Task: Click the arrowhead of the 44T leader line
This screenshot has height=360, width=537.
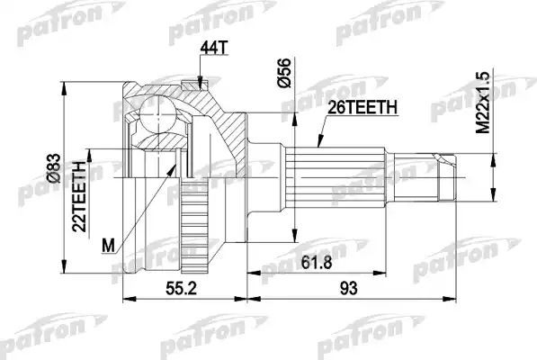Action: click(198, 86)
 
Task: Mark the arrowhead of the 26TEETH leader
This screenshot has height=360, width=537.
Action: click(319, 148)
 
